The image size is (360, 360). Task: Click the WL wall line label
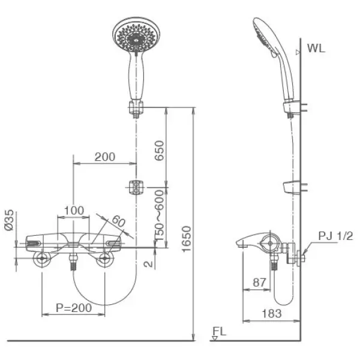click(316, 49)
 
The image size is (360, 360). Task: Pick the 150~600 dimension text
click(160, 215)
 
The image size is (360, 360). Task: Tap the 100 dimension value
click(74, 210)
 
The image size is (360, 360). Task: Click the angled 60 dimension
click(118, 222)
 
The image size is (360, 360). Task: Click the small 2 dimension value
click(145, 262)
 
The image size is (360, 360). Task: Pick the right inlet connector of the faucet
click(106, 259)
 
